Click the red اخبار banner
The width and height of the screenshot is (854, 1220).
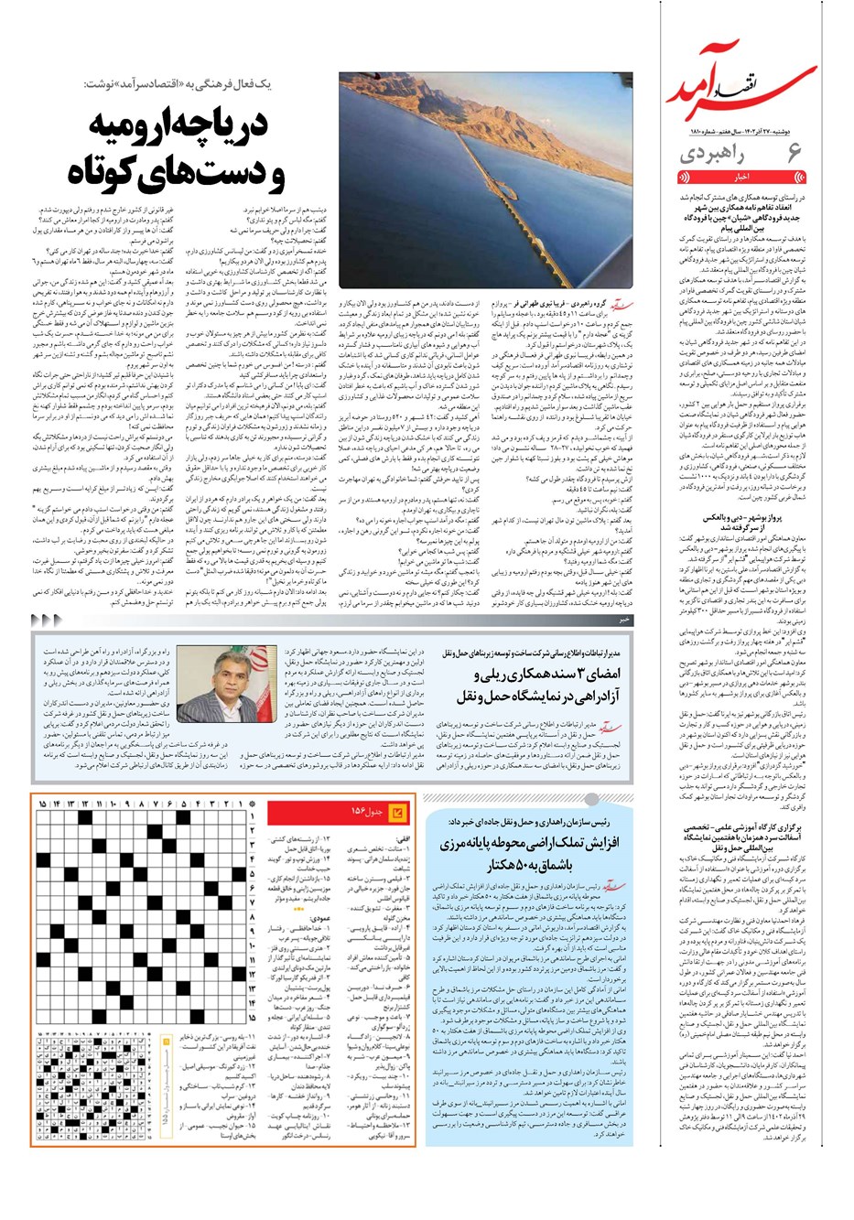(740, 177)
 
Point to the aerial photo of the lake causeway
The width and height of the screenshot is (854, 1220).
(485, 183)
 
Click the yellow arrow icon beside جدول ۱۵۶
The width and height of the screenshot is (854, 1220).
(397, 812)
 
